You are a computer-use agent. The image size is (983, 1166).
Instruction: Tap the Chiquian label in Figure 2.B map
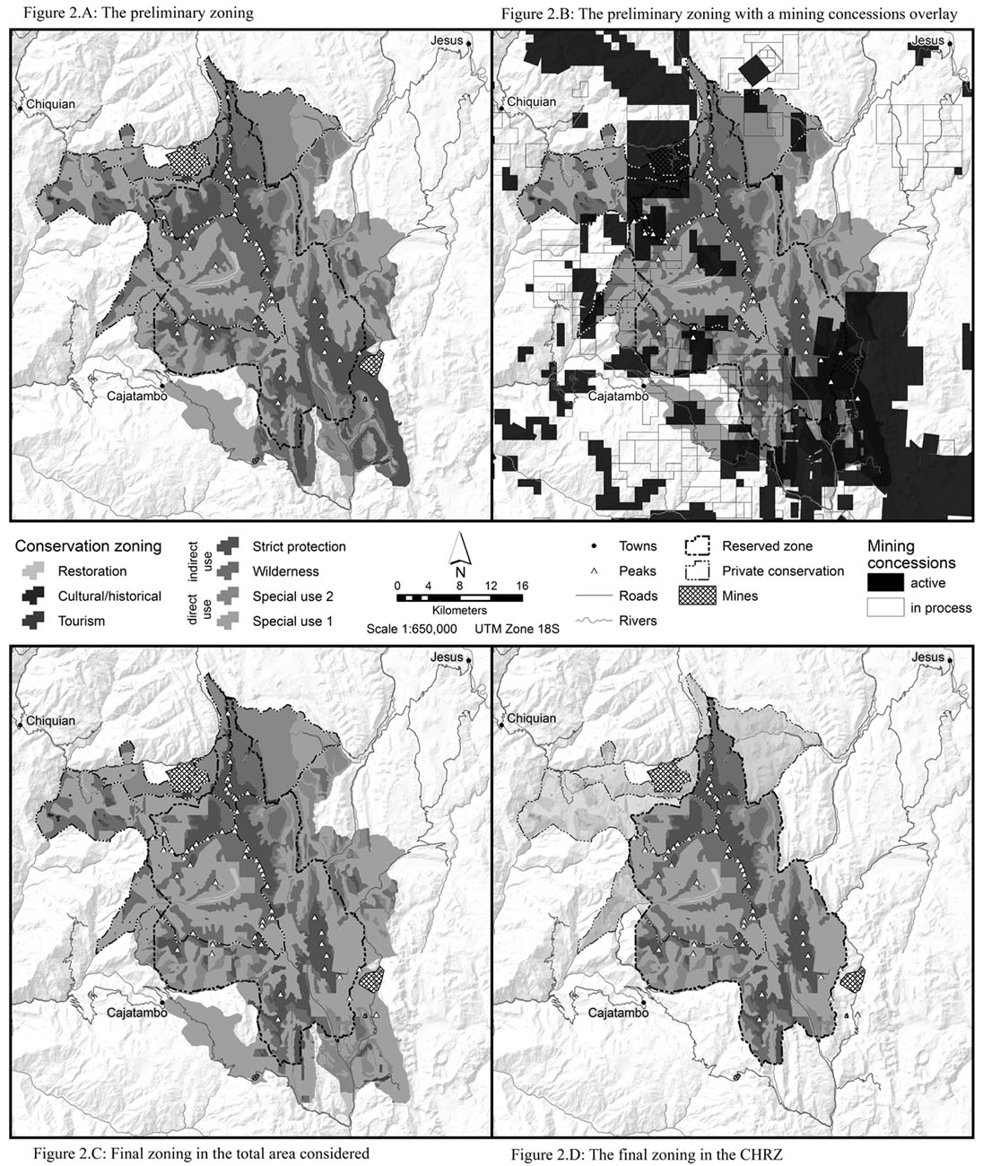tap(532, 101)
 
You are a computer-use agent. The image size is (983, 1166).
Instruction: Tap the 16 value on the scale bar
tap(521, 585)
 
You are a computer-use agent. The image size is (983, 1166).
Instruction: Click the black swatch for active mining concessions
tap(884, 583)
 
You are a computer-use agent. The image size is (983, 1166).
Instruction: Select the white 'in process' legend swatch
tap(884, 607)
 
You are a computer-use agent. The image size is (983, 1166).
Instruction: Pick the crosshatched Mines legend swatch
tap(697, 596)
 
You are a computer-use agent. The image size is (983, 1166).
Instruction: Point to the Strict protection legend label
tap(299, 546)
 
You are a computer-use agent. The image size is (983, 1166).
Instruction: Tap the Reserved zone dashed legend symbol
tap(697, 546)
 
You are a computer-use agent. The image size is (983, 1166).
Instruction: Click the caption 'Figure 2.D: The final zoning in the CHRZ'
tap(646, 1154)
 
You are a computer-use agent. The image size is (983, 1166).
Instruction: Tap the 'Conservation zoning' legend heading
tap(88, 545)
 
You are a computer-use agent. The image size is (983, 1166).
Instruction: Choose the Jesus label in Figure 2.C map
tap(446, 657)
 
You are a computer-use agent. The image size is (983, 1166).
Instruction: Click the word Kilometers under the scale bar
tap(458, 610)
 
